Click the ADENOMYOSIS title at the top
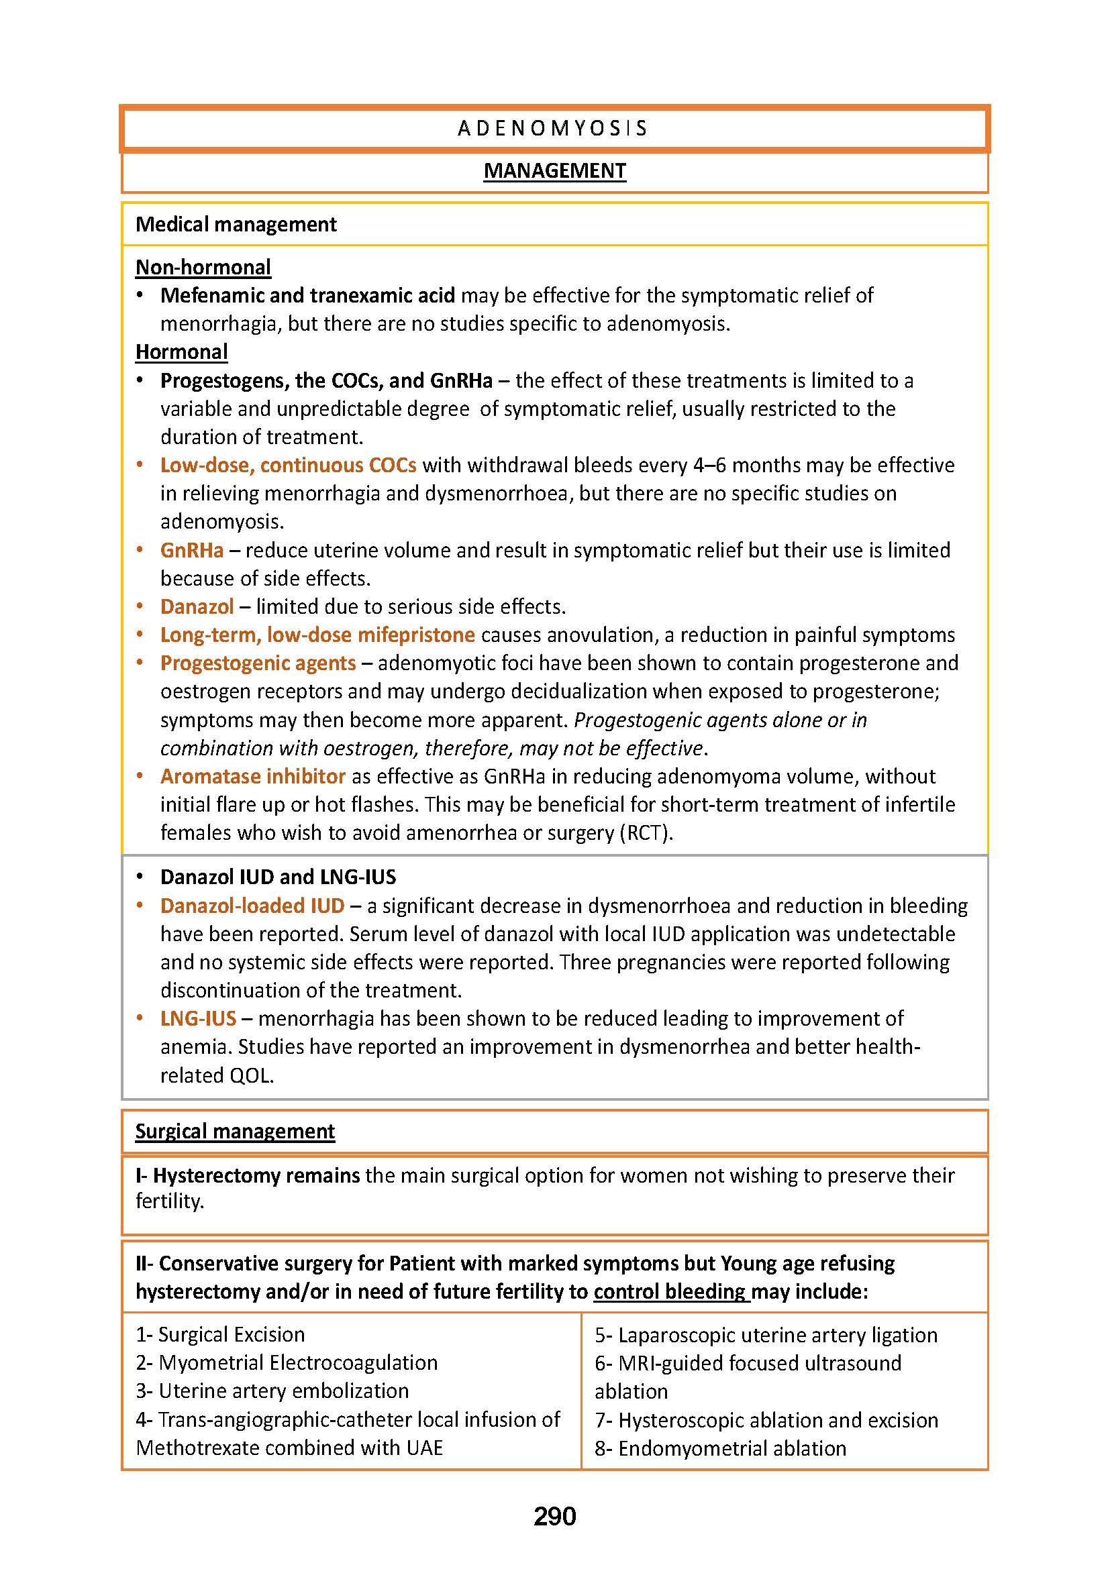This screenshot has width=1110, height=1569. tap(553, 129)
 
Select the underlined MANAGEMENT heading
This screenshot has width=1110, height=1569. tap(554, 171)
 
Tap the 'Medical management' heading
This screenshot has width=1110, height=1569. tap(236, 225)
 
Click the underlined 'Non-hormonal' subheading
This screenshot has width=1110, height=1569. tap(203, 267)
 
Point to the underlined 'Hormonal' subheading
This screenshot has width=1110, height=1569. tap(181, 352)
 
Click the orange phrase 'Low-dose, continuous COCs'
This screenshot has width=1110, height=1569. tap(288, 466)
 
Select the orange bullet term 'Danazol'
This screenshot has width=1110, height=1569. tap(197, 607)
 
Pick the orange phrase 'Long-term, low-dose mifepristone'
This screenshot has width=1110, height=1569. tap(317, 635)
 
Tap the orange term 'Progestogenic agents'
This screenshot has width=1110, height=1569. tap(258, 663)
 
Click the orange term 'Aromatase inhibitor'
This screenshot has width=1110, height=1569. tap(252, 777)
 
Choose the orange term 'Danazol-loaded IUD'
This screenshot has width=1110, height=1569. tap(252, 906)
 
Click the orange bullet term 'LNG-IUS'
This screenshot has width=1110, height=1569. tap(198, 1019)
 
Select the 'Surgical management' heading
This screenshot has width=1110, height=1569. tap(234, 1132)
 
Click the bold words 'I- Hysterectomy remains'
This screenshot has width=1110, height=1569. tap(248, 1176)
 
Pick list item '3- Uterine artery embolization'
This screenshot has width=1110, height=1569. tap(272, 1391)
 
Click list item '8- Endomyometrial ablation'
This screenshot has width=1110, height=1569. tap(720, 1448)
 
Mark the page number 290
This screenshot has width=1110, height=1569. tap(554, 1517)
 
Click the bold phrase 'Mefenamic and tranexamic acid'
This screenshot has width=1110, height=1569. tap(307, 296)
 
